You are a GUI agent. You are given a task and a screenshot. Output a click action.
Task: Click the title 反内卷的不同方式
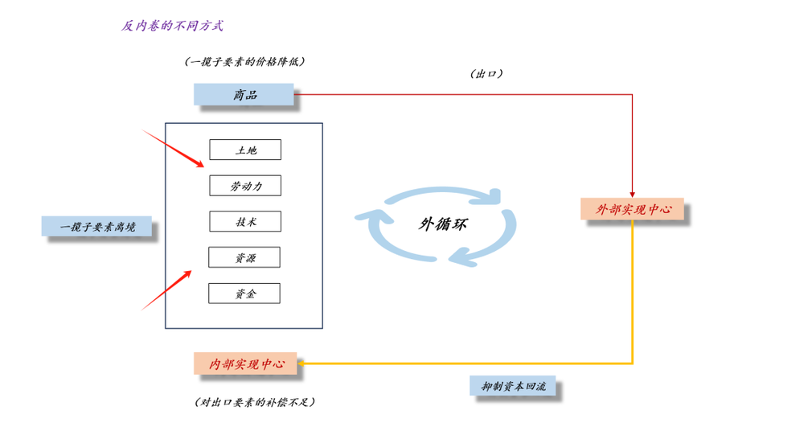[172, 26]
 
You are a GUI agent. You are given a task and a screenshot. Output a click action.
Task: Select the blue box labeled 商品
[244, 95]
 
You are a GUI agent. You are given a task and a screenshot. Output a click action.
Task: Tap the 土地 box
[245, 150]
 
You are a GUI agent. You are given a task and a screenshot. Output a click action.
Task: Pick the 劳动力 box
[245, 186]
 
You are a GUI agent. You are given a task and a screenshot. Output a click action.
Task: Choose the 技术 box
[245, 221]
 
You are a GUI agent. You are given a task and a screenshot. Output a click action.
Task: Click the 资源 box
[244, 257]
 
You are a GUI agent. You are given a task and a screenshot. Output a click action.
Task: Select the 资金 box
[244, 294]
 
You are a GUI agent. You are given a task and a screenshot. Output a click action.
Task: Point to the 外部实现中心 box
[632, 209]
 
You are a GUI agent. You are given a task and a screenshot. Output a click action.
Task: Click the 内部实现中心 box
[245, 363]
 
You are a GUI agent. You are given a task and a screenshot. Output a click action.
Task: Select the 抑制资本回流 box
[513, 386]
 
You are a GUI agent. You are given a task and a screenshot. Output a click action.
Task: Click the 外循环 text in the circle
[442, 224]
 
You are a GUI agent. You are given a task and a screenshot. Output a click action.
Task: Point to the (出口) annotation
[486, 74]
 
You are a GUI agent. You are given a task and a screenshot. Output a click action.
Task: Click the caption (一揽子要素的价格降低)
[244, 61]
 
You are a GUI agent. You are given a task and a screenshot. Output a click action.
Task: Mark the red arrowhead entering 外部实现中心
[632, 193]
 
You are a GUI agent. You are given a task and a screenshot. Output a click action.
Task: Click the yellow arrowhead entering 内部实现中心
[301, 363]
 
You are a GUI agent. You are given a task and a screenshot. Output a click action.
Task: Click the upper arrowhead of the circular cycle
[495, 197]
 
